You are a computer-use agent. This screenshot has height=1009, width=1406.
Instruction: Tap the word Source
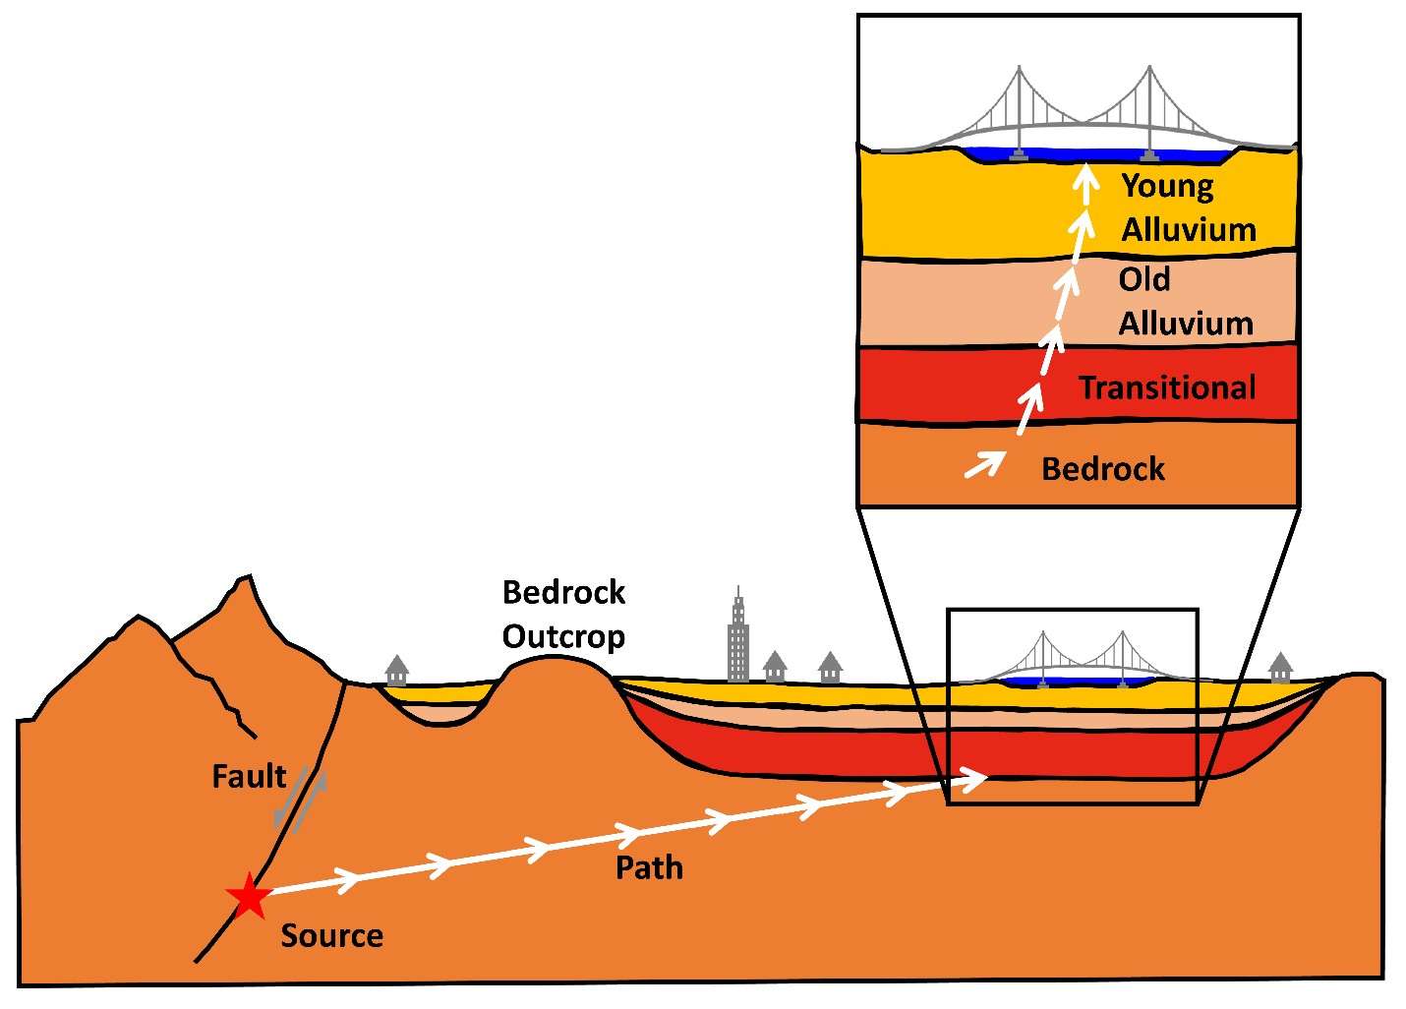coord(331,935)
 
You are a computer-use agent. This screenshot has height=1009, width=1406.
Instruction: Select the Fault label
coord(249,777)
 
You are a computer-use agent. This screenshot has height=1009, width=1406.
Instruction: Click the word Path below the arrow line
coord(649,867)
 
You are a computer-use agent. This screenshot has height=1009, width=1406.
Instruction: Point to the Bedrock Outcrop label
coord(563,615)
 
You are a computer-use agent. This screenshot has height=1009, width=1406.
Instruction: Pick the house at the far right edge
coord(1280,668)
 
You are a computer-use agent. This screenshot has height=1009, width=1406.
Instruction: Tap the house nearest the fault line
coord(396,671)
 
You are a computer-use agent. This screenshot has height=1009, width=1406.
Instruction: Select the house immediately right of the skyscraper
coord(775,666)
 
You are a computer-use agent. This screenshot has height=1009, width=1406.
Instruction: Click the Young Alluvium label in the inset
coord(1188,208)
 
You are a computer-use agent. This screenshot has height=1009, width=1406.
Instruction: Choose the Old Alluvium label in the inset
coord(1185,301)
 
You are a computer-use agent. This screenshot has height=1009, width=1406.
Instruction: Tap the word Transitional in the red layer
coord(1167,387)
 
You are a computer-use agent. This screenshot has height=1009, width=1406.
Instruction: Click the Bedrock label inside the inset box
coord(1102,469)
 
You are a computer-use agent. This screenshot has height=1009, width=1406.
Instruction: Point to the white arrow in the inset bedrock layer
coord(984,463)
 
